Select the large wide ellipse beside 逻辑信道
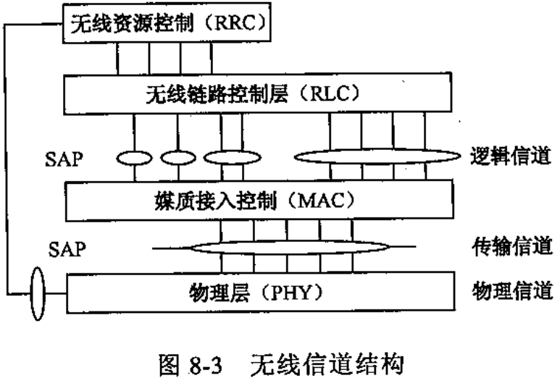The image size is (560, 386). pos(372,157)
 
